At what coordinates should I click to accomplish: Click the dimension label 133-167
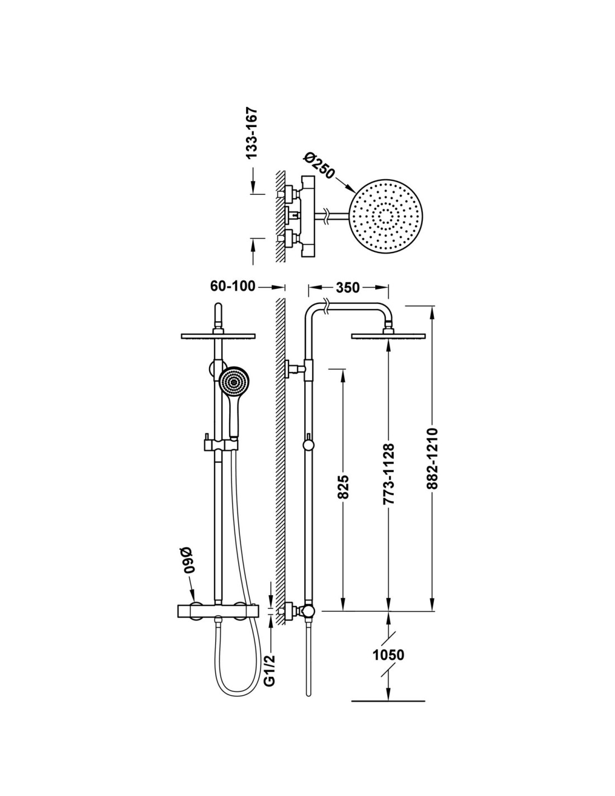click(x=252, y=133)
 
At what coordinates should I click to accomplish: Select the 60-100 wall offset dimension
click(x=233, y=286)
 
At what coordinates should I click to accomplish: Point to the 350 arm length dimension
click(x=347, y=288)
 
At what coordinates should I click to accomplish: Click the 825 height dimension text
click(x=343, y=487)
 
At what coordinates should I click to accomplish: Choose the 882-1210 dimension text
click(x=432, y=458)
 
